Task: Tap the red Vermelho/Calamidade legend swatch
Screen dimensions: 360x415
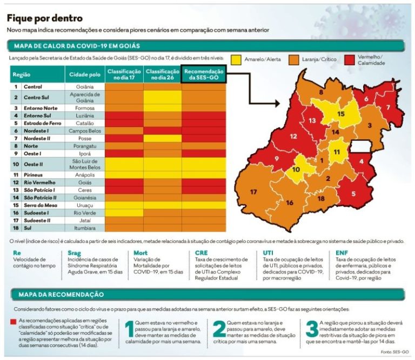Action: [x=349, y=60]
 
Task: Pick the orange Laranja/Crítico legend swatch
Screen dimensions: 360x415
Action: [x=294, y=60]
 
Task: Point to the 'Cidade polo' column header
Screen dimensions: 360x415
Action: [x=83, y=74]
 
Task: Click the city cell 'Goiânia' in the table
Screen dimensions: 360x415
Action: [x=84, y=86]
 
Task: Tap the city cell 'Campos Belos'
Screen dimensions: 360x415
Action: [x=83, y=131]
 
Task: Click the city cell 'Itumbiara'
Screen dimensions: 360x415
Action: [x=83, y=228]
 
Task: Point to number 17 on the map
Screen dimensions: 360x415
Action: [x=253, y=192]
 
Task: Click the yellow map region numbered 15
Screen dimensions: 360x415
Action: [x=341, y=114]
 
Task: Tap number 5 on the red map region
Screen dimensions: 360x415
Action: [x=353, y=193]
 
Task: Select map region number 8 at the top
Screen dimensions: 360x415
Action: [x=321, y=93]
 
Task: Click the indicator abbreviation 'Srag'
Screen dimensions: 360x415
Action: [x=75, y=252]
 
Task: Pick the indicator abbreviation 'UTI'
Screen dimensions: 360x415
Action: [x=267, y=252]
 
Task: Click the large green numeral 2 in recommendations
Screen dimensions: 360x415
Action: [x=219, y=329]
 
